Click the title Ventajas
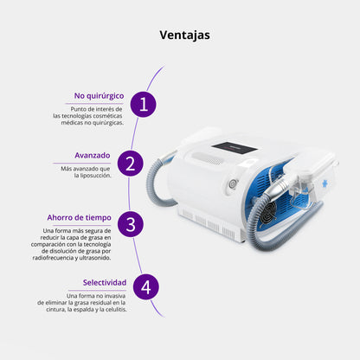pos(184,35)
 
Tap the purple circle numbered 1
pos(144,104)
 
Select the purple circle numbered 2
pos(131,164)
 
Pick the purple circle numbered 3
pos(131,224)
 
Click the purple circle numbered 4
pos(146,287)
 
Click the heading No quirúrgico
pos(99,96)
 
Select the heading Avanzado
pos(93,156)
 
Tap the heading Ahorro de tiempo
pos(79,217)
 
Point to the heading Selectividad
pos(105,282)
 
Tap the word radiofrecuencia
pos(54,258)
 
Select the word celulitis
pos(116,310)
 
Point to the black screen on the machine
pos(235,147)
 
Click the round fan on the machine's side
pos(267,213)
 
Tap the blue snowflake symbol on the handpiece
pos(326,184)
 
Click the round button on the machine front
pos(233,183)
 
